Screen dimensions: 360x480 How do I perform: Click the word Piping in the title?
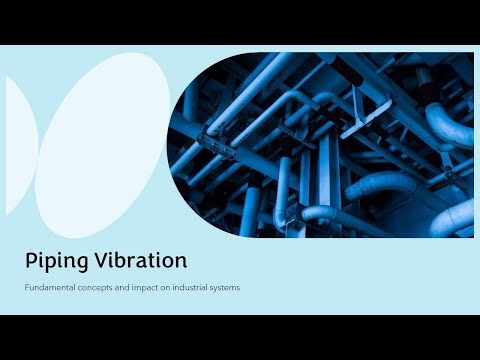pyautogui.click(x=54, y=262)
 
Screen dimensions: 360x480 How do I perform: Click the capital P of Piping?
pyautogui.click(x=32, y=261)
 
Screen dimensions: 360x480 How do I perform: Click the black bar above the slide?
pyautogui.click(x=240, y=22)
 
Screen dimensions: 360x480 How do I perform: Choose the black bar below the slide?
pyautogui.click(x=240, y=337)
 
